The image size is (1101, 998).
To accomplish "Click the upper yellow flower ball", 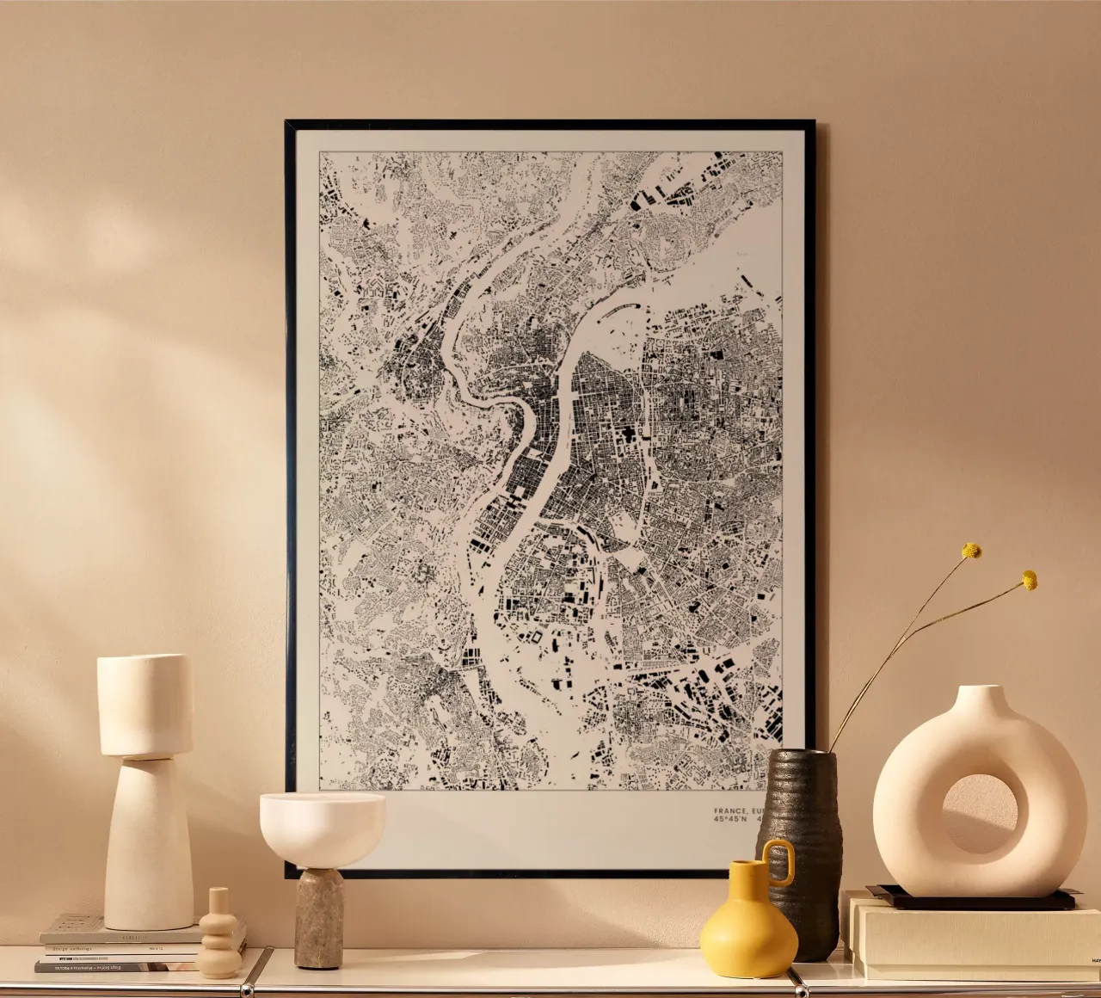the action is (971, 551).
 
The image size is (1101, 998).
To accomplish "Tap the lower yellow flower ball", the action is (1029, 581).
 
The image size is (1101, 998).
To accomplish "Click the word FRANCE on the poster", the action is (729, 810).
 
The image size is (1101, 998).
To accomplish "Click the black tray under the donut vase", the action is (972, 899).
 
